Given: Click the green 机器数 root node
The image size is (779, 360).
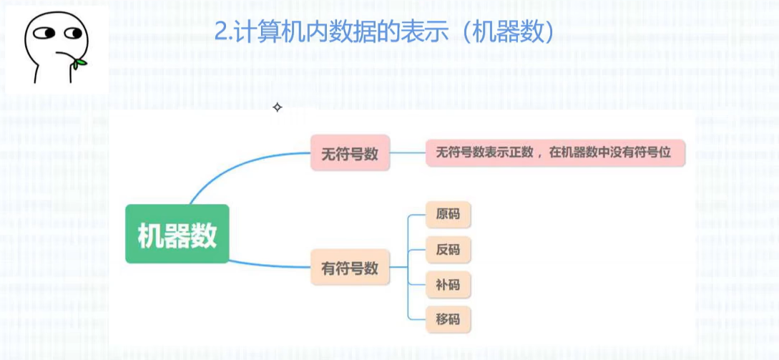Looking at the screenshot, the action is tap(177, 234).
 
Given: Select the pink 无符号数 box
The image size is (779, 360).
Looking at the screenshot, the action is tap(351, 152).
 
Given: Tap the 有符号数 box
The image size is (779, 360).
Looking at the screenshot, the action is tap(351, 267).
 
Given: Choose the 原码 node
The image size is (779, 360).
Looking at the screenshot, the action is tap(448, 214).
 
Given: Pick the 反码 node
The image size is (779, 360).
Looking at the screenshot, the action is tap(448, 249).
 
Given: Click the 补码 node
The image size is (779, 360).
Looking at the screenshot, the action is tap(448, 284).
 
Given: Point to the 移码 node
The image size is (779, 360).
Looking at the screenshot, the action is tap(448, 319).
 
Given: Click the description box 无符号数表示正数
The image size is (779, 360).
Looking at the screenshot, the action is tap(555, 152).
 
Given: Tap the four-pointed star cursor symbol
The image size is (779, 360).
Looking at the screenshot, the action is tap(278, 107).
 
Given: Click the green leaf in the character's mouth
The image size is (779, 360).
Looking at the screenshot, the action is tap(79, 63).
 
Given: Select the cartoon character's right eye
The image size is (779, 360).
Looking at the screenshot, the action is tap(73, 34).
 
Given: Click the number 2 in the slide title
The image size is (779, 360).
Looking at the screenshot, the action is tap(221, 33).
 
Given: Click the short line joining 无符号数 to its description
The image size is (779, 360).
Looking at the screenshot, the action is tap(408, 152).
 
